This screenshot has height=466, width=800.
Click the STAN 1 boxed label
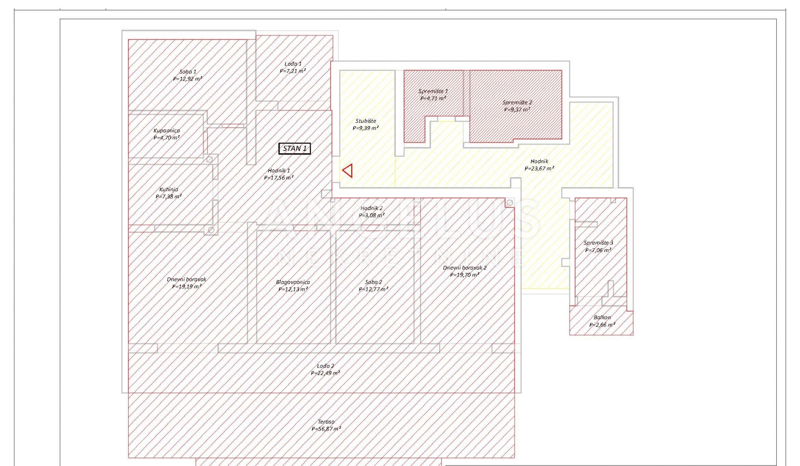coord(295,148)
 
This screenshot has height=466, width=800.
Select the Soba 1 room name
coord(188,72)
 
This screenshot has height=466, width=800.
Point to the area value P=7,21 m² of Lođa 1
coord(293,71)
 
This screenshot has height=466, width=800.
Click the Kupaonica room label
coord(167,130)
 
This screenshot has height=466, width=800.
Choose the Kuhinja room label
coord(169,189)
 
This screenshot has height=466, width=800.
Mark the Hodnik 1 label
coord(279,170)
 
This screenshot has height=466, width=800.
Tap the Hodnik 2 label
coord(372,208)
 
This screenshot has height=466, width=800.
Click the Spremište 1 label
coord(433,91)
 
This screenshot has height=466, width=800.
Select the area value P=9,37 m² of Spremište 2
coord(517,110)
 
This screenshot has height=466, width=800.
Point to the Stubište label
coord(366,121)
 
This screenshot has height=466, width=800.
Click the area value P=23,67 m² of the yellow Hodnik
coord(540,169)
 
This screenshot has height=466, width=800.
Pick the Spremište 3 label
coord(598,243)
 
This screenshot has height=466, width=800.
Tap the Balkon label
coord(602,317)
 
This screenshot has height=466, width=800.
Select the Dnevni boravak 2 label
coord(465,268)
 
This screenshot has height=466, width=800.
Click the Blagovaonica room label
coord(293,282)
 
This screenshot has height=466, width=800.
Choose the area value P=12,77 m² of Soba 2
coord(374,289)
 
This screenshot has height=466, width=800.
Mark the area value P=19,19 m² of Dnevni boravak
coord(187,287)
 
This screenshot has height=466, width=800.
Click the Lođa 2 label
coord(325,366)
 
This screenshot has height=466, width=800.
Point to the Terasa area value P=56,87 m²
coord(326,429)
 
